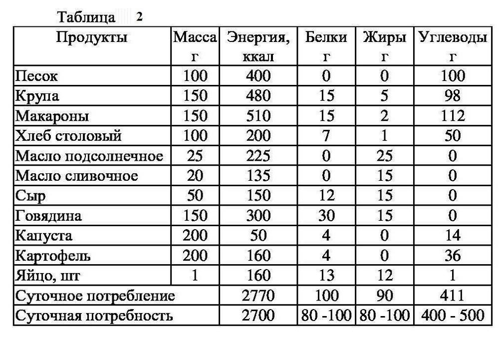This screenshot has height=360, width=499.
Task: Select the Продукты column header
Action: pos(91,37)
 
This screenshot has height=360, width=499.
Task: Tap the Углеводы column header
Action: pos(452,37)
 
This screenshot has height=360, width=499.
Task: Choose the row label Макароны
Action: pos(52,116)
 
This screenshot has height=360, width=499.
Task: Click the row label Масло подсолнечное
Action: pos(89,156)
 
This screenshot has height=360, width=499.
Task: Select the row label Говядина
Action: pos(48,216)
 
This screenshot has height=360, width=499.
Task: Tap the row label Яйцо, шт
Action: pos(47,276)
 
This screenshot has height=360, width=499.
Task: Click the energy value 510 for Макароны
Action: pos(258,116)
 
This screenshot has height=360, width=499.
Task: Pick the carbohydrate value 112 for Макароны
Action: pos(452,116)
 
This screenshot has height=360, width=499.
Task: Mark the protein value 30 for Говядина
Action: pos(326,216)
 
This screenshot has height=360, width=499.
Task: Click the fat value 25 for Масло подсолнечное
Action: pos(384,156)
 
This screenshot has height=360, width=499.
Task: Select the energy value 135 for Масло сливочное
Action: pos(258,176)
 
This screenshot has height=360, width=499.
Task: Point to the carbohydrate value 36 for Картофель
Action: pos(452,256)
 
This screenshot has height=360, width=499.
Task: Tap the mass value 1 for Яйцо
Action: pos(195,276)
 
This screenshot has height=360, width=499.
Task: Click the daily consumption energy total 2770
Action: pos(258,296)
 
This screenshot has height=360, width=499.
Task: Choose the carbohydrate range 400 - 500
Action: pos(452,316)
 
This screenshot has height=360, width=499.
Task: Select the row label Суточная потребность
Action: pos(94,316)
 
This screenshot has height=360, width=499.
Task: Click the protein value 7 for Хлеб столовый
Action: pos(326,136)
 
